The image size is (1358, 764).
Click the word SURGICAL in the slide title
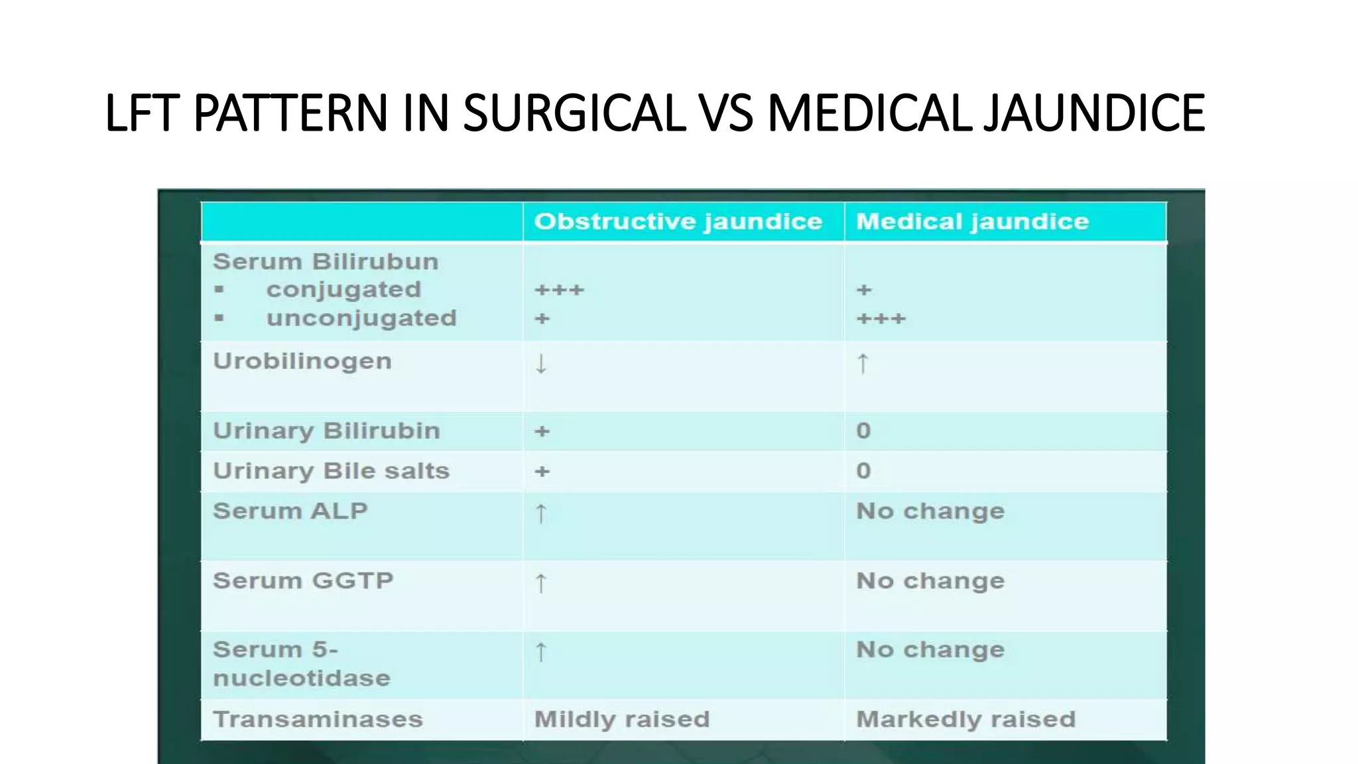click(574, 113)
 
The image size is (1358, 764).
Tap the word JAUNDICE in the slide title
click(1093, 113)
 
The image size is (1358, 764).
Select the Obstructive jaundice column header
click(678, 222)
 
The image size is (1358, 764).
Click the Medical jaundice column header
click(972, 222)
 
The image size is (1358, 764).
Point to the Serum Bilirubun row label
click(325, 262)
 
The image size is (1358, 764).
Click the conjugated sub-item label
click(343, 290)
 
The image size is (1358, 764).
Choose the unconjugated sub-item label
click(361, 318)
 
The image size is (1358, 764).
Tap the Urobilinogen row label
click(302, 361)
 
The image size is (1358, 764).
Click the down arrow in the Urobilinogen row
click(541, 364)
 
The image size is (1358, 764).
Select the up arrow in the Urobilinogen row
click(862, 364)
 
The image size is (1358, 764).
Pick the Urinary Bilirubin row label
click(326, 431)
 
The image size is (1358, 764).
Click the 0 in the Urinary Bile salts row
click(863, 471)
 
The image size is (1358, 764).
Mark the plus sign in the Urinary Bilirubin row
click(542, 432)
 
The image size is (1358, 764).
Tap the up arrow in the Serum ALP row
click(541, 514)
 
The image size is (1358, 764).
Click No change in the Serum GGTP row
click(930, 582)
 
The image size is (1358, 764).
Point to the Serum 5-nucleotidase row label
click(301, 664)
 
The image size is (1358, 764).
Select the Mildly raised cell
click(621, 720)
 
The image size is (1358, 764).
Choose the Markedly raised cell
click(965, 720)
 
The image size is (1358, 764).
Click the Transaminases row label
click(317, 720)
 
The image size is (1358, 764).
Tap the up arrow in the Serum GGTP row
click(541, 584)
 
